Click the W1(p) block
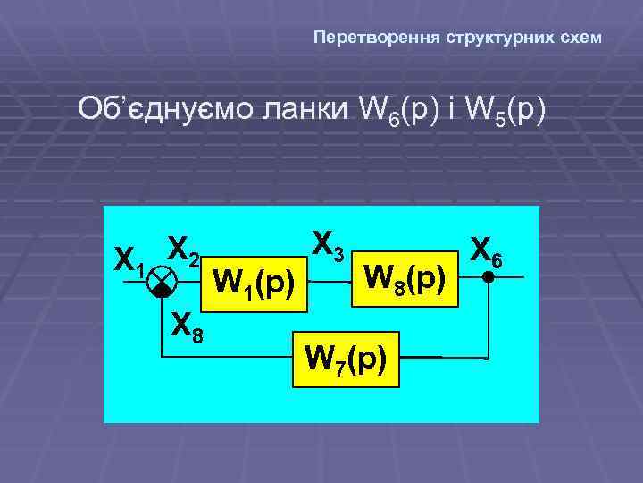click(x=255, y=283)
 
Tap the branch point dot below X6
click(x=488, y=277)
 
